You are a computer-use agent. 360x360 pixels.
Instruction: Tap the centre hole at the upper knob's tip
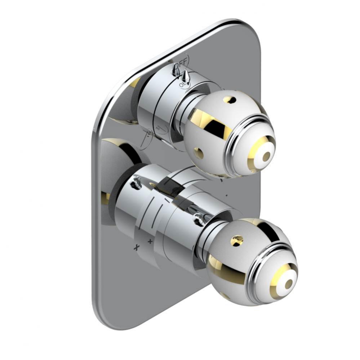point(266,157)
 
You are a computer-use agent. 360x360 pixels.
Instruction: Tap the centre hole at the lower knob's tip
point(289,284)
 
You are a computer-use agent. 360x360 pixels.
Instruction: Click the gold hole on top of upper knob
point(228,99)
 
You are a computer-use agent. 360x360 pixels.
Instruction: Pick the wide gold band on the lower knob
point(223,266)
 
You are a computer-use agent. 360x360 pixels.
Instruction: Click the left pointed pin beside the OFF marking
point(176,69)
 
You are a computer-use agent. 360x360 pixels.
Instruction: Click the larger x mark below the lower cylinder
point(137,247)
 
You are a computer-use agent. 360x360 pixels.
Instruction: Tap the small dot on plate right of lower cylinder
point(226,195)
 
